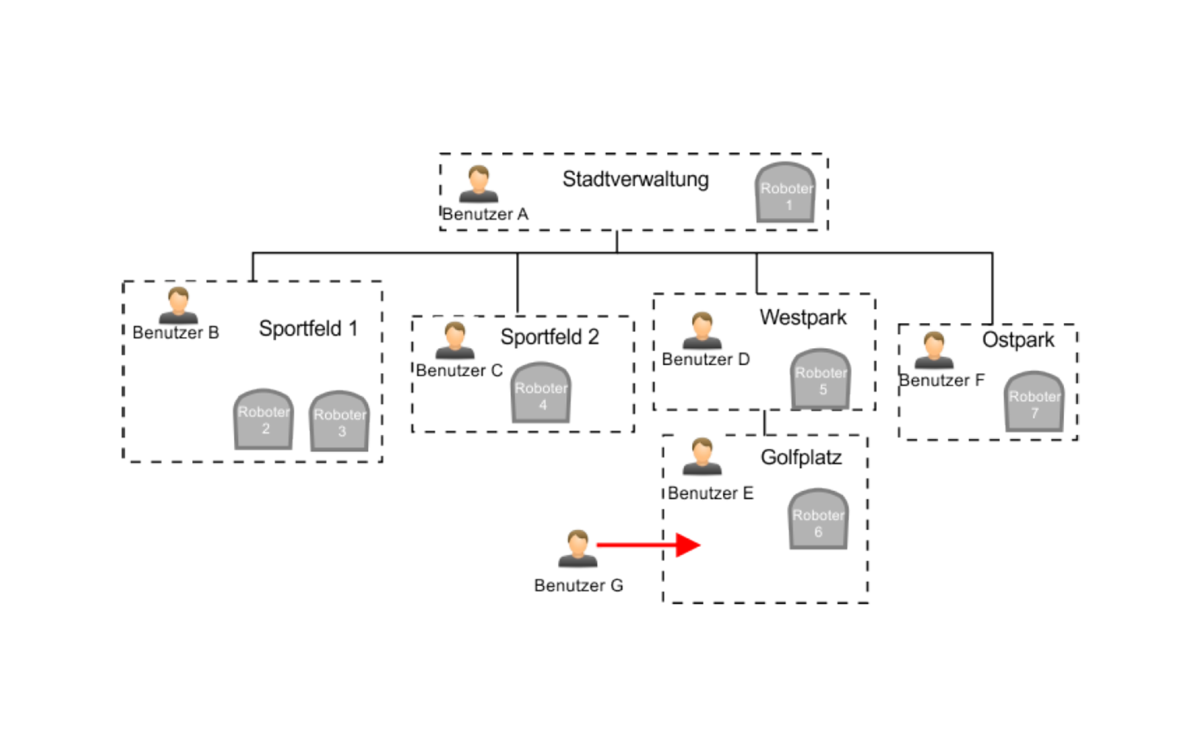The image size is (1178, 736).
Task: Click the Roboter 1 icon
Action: pyautogui.click(x=786, y=193)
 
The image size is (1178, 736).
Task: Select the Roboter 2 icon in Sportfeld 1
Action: pyautogui.click(x=264, y=420)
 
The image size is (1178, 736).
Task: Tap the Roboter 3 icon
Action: pyautogui.click(x=339, y=421)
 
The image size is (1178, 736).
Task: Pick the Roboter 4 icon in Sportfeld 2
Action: pyautogui.click(x=541, y=393)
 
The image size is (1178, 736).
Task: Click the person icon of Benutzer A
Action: pyautogui.click(x=479, y=184)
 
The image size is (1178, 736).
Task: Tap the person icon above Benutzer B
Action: pyautogui.click(x=178, y=305)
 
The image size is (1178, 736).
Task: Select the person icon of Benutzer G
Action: pyautogui.click(x=577, y=548)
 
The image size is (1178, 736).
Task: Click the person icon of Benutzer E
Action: pyautogui.click(x=702, y=456)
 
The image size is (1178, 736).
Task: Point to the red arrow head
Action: pyautogui.click(x=688, y=545)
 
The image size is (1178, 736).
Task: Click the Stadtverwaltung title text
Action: pyautogui.click(x=635, y=180)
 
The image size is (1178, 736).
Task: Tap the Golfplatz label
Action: pyautogui.click(x=801, y=458)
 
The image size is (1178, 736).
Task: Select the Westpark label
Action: pyautogui.click(x=803, y=318)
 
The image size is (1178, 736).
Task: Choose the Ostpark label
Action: pyautogui.click(x=1018, y=340)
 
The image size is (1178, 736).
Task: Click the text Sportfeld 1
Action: pyautogui.click(x=308, y=329)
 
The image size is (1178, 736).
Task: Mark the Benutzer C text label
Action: pyautogui.click(x=459, y=371)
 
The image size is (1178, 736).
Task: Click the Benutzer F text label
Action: pyautogui.click(x=942, y=381)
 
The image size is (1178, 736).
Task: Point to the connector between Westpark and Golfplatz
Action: pyautogui.click(x=765, y=422)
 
